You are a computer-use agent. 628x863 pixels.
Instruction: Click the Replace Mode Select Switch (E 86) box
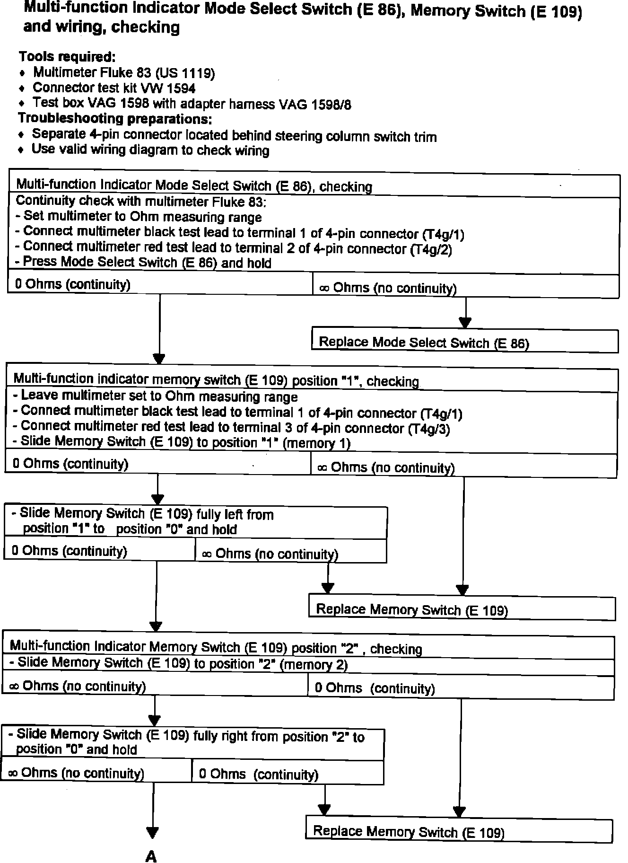[x=464, y=342]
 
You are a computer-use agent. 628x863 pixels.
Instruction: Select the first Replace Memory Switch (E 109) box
[x=462, y=608]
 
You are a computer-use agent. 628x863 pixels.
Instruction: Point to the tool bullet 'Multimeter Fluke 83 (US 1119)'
[x=124, y=73]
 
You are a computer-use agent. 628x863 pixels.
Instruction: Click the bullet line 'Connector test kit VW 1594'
[x=114, y=88]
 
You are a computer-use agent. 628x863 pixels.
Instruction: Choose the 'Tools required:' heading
[x=67, y=57]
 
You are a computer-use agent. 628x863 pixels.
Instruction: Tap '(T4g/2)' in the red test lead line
[x=431, y=249]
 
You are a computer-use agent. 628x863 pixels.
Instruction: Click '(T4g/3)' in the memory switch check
[x=429, y=429]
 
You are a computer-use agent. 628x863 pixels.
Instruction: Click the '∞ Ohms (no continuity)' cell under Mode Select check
[x=388, y=288]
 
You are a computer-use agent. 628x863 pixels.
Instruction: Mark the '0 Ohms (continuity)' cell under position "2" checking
[x=375, y=688]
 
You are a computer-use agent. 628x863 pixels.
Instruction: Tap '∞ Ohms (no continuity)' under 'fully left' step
[x=270, y=554]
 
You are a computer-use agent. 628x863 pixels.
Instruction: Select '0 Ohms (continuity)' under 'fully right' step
[x=258, y=775]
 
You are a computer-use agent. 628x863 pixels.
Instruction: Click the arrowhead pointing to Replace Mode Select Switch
[x=465, y=323]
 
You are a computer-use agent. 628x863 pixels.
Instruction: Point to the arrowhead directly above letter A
[x=152, y=833]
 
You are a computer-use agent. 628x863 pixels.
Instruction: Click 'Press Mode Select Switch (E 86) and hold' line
[x=143, y=263]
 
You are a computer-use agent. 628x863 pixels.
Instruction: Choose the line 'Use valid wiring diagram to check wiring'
[x=150, y=150]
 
